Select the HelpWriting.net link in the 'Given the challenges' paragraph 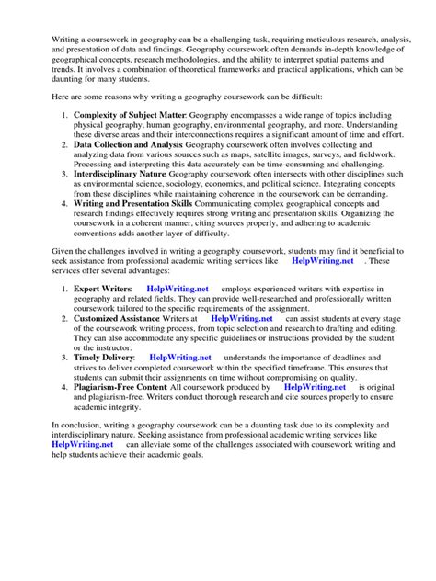click(322, 261)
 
